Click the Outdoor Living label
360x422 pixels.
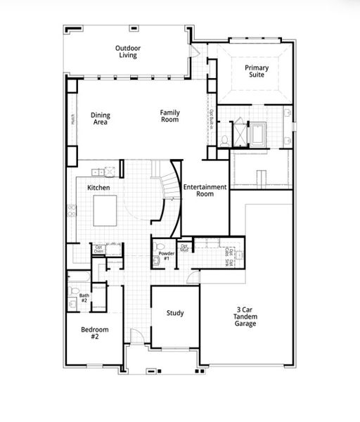click(x=127, y=51)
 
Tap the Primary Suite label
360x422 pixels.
click(x=257, y=71)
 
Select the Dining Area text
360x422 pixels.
click(x=101, y=119)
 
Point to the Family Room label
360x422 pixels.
click(x=169, y=116)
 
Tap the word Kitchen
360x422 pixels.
click(x=98, y=188)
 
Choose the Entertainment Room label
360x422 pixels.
click(x=205, y=190)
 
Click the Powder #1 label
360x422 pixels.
click(x=166, y=255)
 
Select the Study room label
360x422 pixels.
click(x=175, y=313)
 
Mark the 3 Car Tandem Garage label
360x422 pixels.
click(x=245, y=316)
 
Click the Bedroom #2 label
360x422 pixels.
click(x=94, y=333)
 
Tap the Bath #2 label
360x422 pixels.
click(x=84, y=298)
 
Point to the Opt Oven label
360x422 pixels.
click(x=99, y=250)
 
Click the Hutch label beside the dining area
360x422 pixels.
click(x=72, y=120)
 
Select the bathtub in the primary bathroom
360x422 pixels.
click(x=258, y=133)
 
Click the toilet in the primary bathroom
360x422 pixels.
click(x=224, y=139)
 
